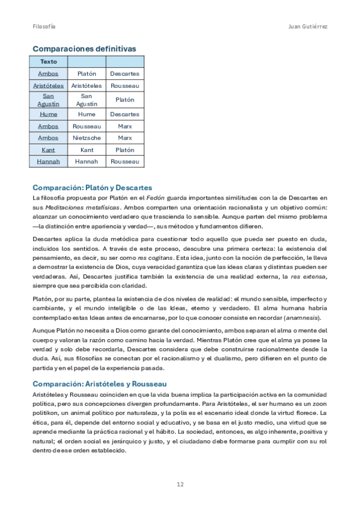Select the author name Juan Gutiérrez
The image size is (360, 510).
tap(308, 27)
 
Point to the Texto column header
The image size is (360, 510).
tap(48, 61)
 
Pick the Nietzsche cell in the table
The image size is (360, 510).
tap(87, 138)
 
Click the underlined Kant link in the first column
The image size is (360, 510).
tap(48, 150)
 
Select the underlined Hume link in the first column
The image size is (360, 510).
tap(48, 114)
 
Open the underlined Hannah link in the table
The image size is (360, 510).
tap(48, 162)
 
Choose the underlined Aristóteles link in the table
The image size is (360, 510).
tap(48, 85)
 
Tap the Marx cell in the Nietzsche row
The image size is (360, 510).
tap(125, 138)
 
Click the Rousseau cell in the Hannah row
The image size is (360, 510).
tap(125, 162)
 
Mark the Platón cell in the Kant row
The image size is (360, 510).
tap(125, 150)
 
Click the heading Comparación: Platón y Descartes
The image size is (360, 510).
tap(92, 188)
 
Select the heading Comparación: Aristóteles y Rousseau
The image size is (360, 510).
tap(99, 384)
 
